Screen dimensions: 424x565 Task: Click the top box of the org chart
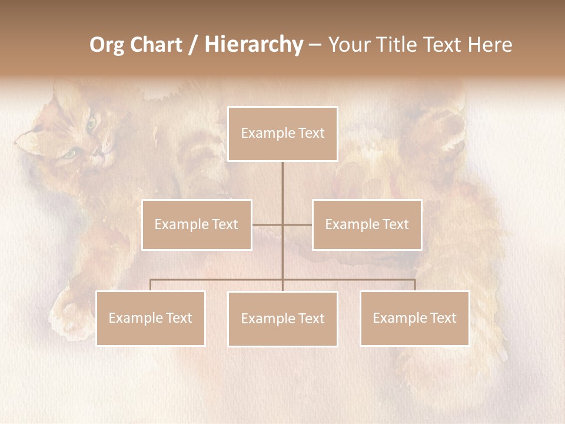[282, 134]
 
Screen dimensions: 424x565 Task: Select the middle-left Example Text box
[197, 224]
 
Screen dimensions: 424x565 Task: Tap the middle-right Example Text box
[367, 224]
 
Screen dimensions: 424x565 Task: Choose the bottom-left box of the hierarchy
[150, 318]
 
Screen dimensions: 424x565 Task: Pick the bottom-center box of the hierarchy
[282, 319]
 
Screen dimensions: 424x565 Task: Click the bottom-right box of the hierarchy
[414, 318]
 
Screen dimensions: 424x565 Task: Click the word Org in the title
[107, 45]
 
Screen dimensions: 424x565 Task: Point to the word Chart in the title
[155, 45]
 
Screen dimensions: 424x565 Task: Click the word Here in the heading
[490, 45]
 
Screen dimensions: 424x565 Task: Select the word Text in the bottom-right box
[443, 318]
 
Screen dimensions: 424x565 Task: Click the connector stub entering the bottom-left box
[150, 285]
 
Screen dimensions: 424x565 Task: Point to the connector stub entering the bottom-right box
[415, 285]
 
